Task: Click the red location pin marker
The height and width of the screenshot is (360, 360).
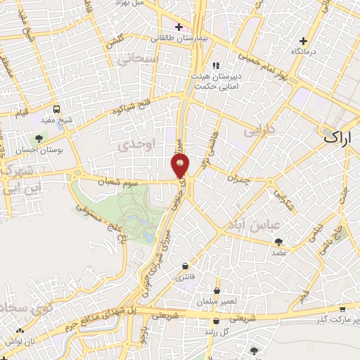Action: (180, 166)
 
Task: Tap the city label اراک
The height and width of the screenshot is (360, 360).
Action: (341, 137)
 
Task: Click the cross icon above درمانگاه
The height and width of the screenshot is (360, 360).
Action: (303, 41)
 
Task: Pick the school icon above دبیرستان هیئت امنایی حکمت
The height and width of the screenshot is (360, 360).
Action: (215, 65)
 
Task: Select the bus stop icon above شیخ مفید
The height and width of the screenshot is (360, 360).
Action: (57, 109)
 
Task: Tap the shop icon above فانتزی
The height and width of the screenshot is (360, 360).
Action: (185, 266)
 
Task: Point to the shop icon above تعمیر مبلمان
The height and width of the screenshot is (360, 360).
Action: (217, 290)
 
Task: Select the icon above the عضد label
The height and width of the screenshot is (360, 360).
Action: (280, 241)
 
